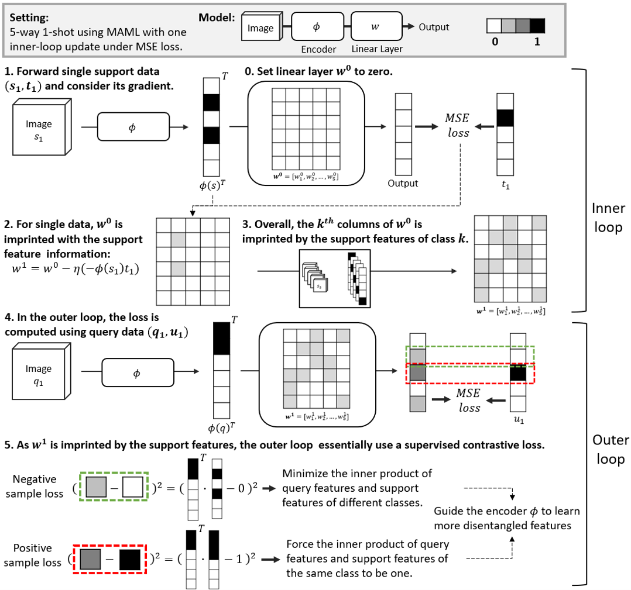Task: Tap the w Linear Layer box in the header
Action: click(x=375, y=27)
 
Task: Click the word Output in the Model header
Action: click(x=434, y=27)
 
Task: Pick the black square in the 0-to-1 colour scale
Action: click(x=537, y=26)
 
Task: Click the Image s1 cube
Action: click(x=40, y=130)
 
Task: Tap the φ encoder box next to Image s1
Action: click(x=133, y=126)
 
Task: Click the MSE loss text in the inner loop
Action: click(x=457, y=125)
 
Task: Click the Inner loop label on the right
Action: click(x=608, y=217)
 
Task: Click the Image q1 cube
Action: click(x=40, y=375)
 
